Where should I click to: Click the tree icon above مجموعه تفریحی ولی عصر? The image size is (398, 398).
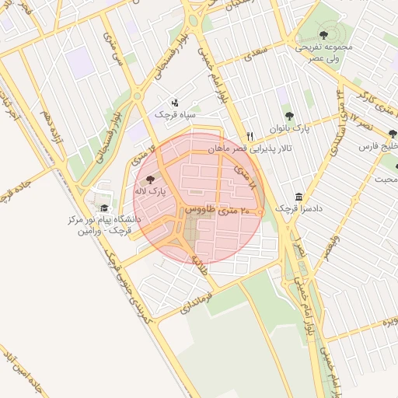pyautogui.click(x=323, y=34)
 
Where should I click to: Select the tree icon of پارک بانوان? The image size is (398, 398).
pyautogui.click(x=289, y=117)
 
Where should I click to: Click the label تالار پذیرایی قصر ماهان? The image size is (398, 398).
pyautogui.click(x=248, y=148)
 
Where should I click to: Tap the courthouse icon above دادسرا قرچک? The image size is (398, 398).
pyautogui.click(x=299, y=197)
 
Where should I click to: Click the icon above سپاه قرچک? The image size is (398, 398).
pyautogui.click(x=174, y=102)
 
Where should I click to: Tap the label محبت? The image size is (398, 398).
pyautogui.click(x=386, y=180)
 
